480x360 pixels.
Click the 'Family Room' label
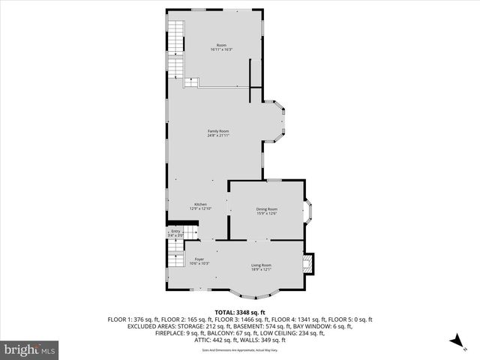218,131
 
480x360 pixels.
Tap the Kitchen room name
200,204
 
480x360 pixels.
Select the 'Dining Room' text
266,209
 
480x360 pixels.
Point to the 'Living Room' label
261,265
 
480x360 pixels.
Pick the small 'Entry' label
175,231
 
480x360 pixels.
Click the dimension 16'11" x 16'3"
220,50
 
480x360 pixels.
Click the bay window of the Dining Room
308,211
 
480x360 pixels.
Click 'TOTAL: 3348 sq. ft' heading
240,312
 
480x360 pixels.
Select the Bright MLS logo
30,349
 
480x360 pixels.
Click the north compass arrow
454,341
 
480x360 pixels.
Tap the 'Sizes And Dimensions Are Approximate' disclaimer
240,349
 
